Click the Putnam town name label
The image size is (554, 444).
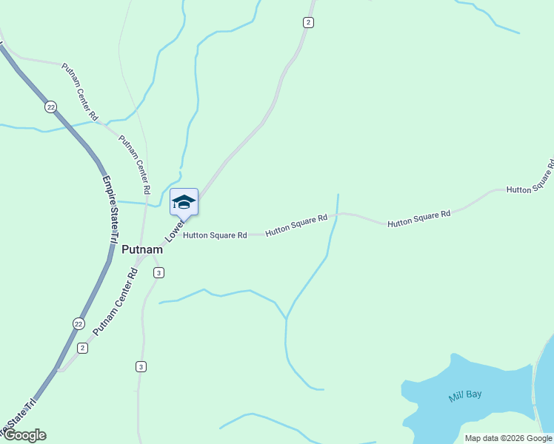point(142,250)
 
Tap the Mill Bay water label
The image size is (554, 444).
point(465,395)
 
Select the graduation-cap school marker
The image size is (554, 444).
point(184,202)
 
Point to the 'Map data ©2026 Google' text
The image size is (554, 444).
point(508,438)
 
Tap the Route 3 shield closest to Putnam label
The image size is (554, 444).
point(158,273)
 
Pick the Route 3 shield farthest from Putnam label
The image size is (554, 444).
point(141,366)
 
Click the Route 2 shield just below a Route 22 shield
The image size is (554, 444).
point(82,348)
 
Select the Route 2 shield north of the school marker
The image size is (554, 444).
point(307,22)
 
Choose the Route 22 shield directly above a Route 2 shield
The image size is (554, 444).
point(79,323)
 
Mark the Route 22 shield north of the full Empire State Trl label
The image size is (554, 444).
point(50,107)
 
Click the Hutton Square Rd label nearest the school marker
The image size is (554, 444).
point(215,235)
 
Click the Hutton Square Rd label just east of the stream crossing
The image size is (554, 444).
point(418,218)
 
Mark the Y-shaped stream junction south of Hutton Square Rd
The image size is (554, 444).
point(287,319)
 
